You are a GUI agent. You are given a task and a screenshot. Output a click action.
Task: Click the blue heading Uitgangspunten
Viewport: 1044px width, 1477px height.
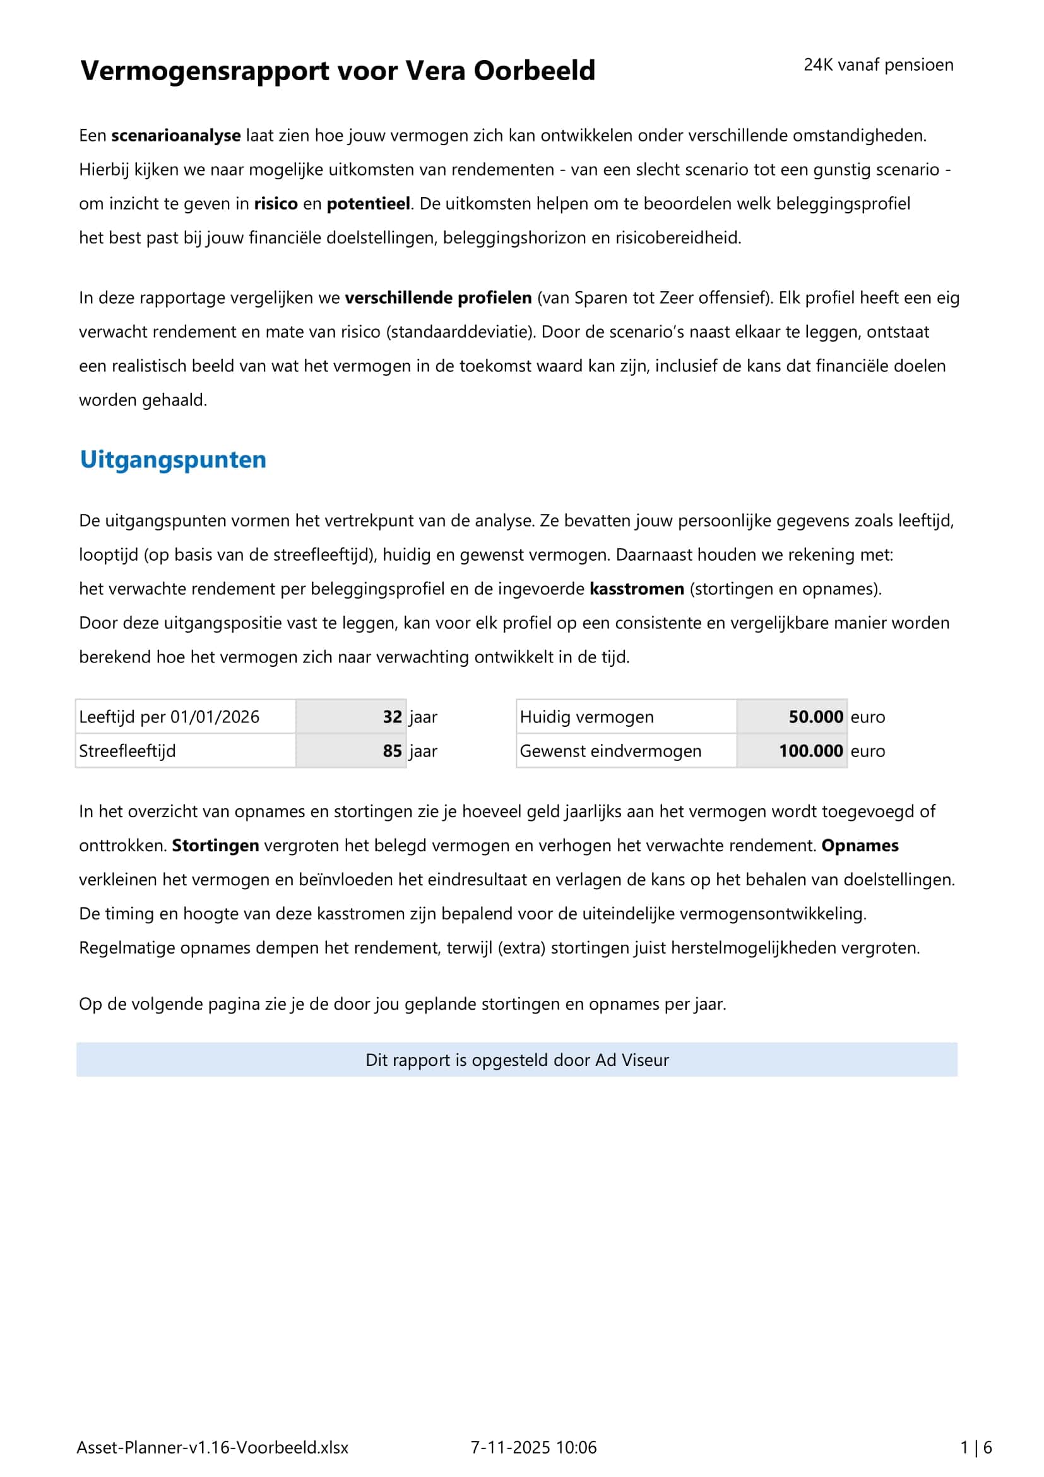pyautogui.click(x=173, y=460)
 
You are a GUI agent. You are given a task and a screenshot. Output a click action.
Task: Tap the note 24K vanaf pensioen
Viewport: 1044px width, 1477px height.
pyautogui.click(x=878, y=65)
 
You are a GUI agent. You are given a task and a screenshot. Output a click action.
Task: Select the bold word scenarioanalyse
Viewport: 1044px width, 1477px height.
pyautogui.click(x=175, y=136)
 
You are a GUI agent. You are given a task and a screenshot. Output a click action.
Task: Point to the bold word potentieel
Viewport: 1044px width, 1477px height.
pyautogui.click(x=369, y=204)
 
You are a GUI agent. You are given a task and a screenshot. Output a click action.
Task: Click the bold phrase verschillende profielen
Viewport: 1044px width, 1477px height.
pyautogui.click(x=438, y=298)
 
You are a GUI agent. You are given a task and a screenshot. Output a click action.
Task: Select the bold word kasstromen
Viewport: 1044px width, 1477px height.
pyautogui.click(x=636, y=589)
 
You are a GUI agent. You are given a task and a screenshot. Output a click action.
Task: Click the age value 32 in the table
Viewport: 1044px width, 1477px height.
pyautogui.click(x=392, y=717)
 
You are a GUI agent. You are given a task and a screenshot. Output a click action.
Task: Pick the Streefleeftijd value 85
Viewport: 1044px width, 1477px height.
pyautogui.click(x=392, y=751)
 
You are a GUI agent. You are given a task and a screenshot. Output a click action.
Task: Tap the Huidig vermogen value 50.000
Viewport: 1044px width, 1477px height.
pyautogui.click(x=815, y=717)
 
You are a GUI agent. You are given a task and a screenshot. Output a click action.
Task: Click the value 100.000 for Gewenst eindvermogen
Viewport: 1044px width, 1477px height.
pyautogui.click(x=810, y=751)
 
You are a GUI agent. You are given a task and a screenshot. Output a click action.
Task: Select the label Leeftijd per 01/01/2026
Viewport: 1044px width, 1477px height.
pyautogui.click(x=169, y=717)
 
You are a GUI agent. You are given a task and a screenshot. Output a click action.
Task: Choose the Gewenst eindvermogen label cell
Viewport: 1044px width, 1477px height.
pyautogui.click(x=610, y=751)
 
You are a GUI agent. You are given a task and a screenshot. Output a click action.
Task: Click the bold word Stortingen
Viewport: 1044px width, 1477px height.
pyautogui.click(x=215, y=846)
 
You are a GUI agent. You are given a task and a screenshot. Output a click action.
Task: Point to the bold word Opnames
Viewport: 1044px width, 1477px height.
pyautogui.click(x=860, y=846)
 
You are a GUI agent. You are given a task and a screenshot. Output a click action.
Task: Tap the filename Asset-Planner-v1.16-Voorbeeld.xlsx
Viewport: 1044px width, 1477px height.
pyautogui.click(x=212, y=1447)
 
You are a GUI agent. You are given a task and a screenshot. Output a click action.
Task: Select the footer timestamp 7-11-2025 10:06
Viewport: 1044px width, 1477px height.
pyautogui.click(x=533, y=1447)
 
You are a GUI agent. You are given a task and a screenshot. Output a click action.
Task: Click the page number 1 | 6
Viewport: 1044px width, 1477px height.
pyautogui.click(x=976, y=1447)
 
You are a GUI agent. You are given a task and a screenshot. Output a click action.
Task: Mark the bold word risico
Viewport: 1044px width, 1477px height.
pyautogui.click(x=276, y=204)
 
